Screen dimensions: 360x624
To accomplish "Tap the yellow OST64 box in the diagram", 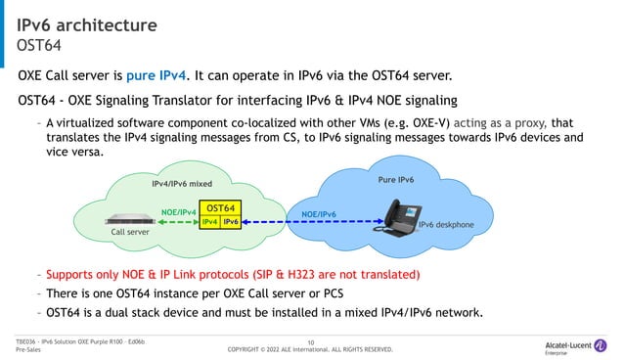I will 222,208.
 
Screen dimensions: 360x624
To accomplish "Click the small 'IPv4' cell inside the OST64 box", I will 209,222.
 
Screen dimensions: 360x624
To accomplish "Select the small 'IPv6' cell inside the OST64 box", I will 232,222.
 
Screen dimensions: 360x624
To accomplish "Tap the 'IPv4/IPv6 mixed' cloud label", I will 182,183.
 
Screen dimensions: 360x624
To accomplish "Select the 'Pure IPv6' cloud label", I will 396,181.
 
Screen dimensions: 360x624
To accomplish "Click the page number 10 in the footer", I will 310,340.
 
